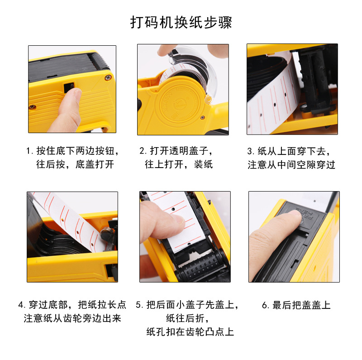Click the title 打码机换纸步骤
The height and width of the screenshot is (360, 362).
point(181,22)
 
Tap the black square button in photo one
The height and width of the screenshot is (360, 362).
point(69,87)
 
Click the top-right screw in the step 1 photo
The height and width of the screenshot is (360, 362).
point(107,77)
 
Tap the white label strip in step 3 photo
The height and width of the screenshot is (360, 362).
point(271,91)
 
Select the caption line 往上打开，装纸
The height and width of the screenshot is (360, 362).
point(179,164)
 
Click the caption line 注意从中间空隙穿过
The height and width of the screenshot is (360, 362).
point(291,164)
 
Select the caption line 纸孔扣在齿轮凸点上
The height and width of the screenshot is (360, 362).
point(190,332)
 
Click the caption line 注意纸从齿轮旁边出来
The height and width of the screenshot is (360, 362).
point(72,318)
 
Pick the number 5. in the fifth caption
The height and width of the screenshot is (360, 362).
point(139,305)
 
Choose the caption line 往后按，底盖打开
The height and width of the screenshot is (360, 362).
point(75,164)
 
